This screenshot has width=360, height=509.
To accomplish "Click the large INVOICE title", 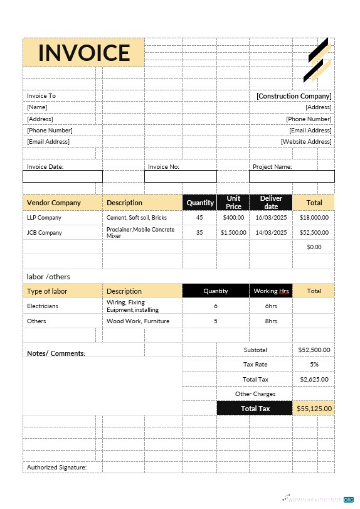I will tap(84, 53).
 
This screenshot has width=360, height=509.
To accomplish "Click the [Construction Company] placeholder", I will tap(294, 96).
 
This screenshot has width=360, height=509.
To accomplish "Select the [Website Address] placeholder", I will tap(306, 142).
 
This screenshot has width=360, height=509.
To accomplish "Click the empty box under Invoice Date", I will tap(62, 176).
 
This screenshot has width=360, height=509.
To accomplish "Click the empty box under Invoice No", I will tap(180, 176).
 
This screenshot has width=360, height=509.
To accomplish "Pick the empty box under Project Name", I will tap(292, 176).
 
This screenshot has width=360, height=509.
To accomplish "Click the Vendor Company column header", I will tap(54, 203).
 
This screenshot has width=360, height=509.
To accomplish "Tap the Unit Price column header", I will tap(233, 203).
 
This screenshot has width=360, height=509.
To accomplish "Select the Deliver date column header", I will tap(271, 203).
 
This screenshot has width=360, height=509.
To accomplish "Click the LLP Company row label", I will tap(45, 218).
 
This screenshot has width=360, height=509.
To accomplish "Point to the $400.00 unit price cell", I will tap(233, 218).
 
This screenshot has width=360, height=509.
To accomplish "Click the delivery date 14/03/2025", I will tap(271, 232).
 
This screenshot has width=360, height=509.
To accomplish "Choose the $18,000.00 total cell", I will tap(314, 218).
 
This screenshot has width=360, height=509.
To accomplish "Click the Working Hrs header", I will tap(272, 291).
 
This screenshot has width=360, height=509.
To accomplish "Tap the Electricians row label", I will tap(43, 306).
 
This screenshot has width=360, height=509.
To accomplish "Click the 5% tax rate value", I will tap(314, 365).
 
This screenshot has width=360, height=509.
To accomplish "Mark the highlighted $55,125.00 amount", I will tap(314, 409).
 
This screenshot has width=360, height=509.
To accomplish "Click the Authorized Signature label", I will tap(56, 468).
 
